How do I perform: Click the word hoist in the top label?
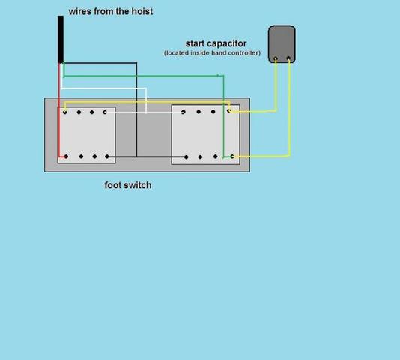point(142,11)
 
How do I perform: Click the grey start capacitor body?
point(282,44)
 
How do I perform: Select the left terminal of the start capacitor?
point(276,59)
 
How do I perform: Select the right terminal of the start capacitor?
point(288,59)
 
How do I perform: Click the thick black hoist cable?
point(61,39)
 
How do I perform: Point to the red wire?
point(59,109)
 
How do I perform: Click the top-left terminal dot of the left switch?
point(65,112)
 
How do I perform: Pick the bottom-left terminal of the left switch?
point(66,157)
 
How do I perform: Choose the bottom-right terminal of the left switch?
point(107,157)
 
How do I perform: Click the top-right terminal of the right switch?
point(229,111)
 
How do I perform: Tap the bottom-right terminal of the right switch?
point(232,157)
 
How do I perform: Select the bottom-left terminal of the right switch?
point(187,157)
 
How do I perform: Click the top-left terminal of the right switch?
point(183,112)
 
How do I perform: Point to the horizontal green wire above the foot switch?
point(144,76)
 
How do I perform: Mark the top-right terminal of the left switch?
point(105,112)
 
